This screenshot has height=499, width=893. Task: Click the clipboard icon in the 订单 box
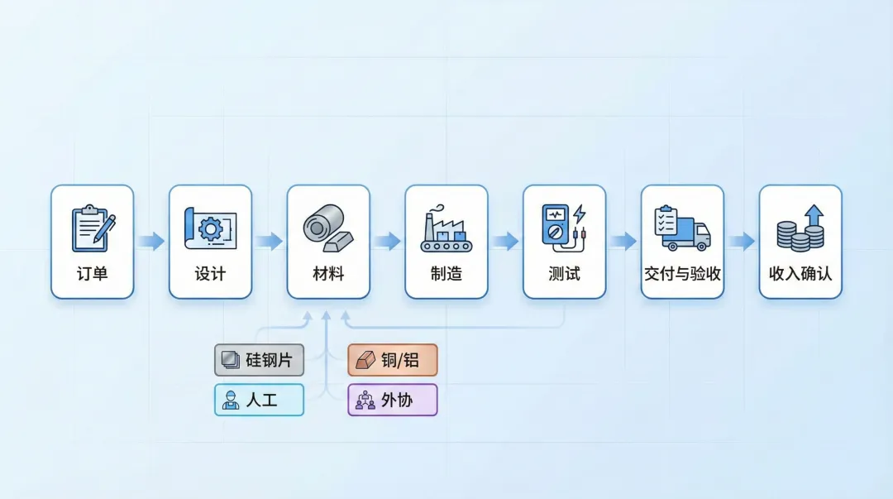coord(93,228)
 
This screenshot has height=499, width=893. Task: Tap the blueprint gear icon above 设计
coord(210,227)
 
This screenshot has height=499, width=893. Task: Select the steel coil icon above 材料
coord(328,228)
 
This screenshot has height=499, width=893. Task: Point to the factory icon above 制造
coord(446,229)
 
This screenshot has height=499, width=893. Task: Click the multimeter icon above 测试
coord(564,225)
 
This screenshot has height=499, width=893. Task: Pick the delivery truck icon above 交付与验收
coord(682,228)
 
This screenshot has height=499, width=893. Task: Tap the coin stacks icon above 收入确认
coord(800,228)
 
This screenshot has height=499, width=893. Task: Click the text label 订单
coord(93,274)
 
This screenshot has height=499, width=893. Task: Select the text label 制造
coord(446,274)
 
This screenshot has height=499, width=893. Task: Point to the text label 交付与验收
coord(682,274)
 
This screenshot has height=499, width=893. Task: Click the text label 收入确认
coord(800,274)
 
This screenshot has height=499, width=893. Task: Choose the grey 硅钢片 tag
coord(259,360)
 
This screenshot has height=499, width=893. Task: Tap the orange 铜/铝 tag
coord(393,360)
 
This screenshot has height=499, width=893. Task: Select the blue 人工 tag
coord(259,400)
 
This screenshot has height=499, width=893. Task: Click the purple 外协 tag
coord(393,400)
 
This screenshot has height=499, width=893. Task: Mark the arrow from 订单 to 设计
coord(151,242)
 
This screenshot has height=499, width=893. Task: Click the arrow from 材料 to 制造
coord(387,242)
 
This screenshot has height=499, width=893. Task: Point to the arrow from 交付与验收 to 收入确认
coord(742,242)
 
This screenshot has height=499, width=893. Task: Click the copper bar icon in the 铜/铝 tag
coord(365,361)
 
